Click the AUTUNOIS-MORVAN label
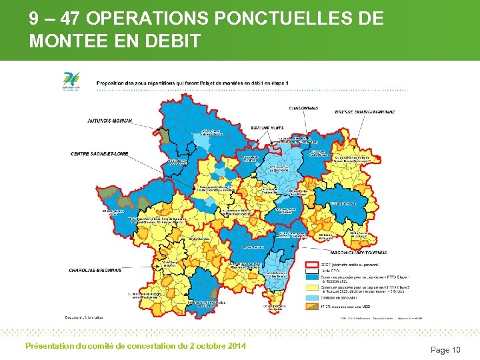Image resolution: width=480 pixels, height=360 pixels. [x=110, y=121]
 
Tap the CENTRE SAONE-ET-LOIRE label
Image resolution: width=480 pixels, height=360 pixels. [x=99, y=154]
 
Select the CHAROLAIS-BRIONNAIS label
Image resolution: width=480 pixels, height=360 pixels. [x=95, y=270]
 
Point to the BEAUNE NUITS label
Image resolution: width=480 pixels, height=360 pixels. [x=249, y=127]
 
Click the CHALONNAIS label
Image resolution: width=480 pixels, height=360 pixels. [x=303, y=107]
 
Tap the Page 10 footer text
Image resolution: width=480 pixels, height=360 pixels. [x=445, y=350]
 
